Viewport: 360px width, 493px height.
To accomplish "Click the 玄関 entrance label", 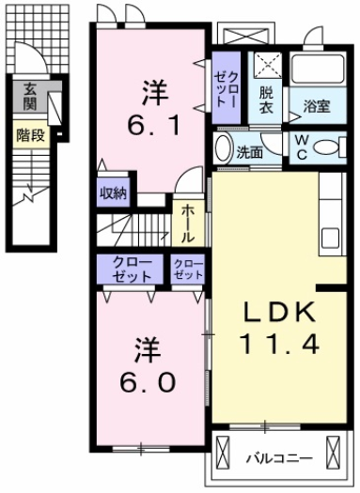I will point(30,96).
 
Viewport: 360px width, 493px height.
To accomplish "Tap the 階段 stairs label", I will point(30,134).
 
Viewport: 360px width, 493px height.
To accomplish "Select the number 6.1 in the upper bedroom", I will point(149,122).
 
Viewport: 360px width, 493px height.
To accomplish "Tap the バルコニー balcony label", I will point(278,458).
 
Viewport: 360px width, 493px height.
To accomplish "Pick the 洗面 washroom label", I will point(249,150).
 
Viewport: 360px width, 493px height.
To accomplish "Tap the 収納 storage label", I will point(114,193).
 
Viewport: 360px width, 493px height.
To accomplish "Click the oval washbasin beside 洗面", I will point(222,148).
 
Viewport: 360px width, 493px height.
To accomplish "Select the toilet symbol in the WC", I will point(332,147).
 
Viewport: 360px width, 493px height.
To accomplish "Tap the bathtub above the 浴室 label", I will point(317,69).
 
